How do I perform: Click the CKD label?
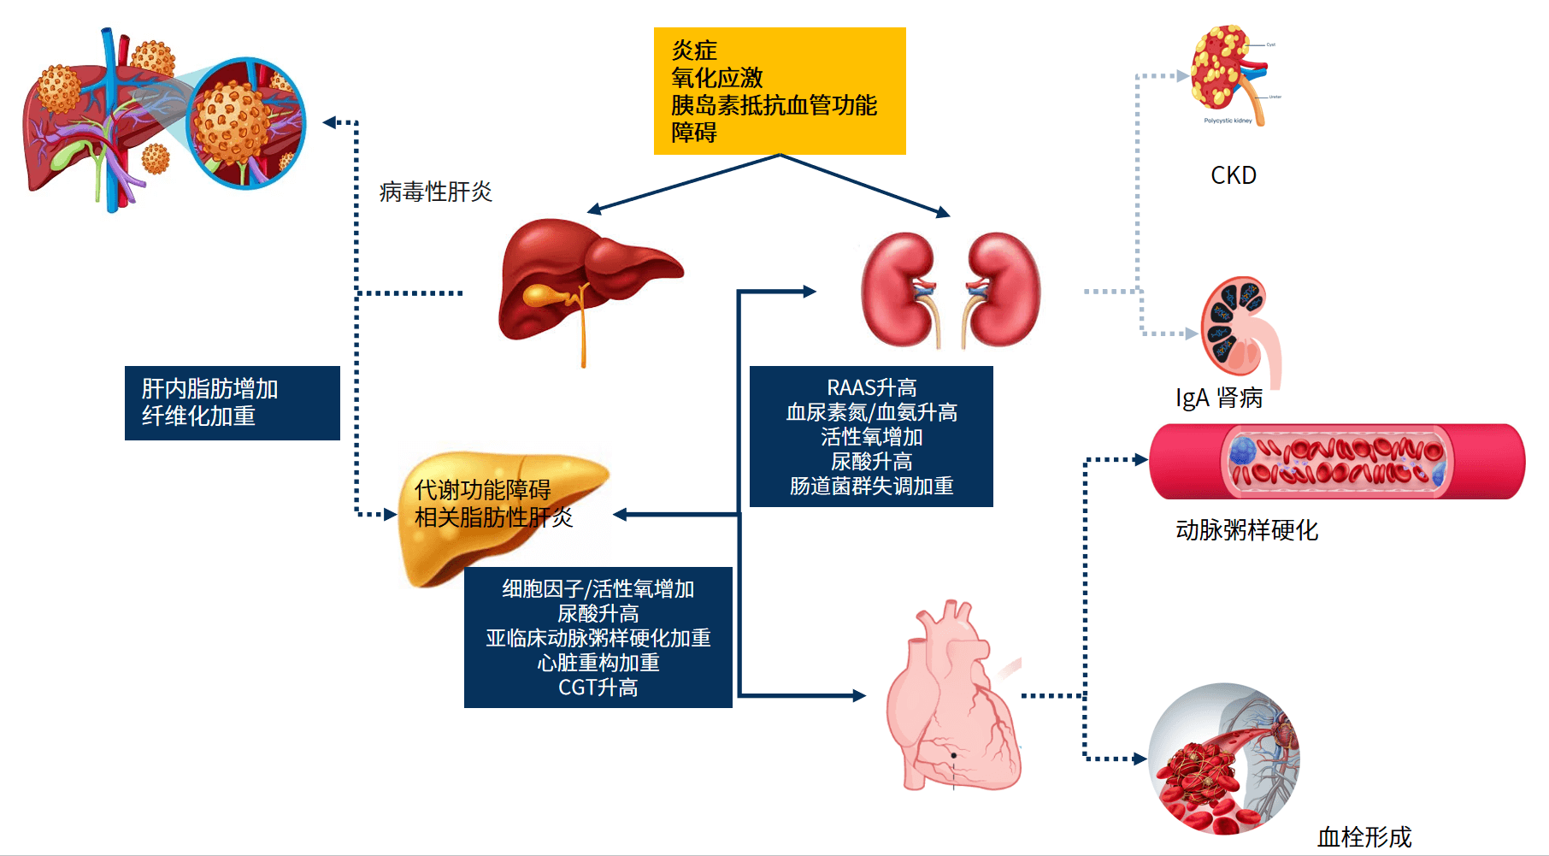pyautogui.click(x=1233, y=175)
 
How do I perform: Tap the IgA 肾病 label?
pyautogui.click(x=1218, y=398)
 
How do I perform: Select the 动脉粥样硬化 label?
pyautogui.click(x=1246, y=530)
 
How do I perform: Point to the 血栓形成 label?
pyautogui.click(x=1363, y=836)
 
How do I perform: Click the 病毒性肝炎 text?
pyautogui.click(x=435, y=192)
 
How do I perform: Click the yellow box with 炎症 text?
pyautogui.click(x=779, y=91)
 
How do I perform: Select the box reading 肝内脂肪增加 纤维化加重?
pyautogui.click(x=232, y=403)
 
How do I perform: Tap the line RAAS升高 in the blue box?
pyautogui.click(x=871, y=387)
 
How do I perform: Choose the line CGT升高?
pyautogui.click(x=598, y=688)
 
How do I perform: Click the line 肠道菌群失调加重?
pyautogui.click(x=871, y=486)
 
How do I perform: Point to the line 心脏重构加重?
pyautogui.click(x=598, y=663)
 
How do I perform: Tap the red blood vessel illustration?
pyautogui.click(x=1336, y=462)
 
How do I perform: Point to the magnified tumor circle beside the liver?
pyautogui.click(x=245, y=123)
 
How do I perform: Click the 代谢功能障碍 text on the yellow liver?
pyautogui.click(x=482, y=490)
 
